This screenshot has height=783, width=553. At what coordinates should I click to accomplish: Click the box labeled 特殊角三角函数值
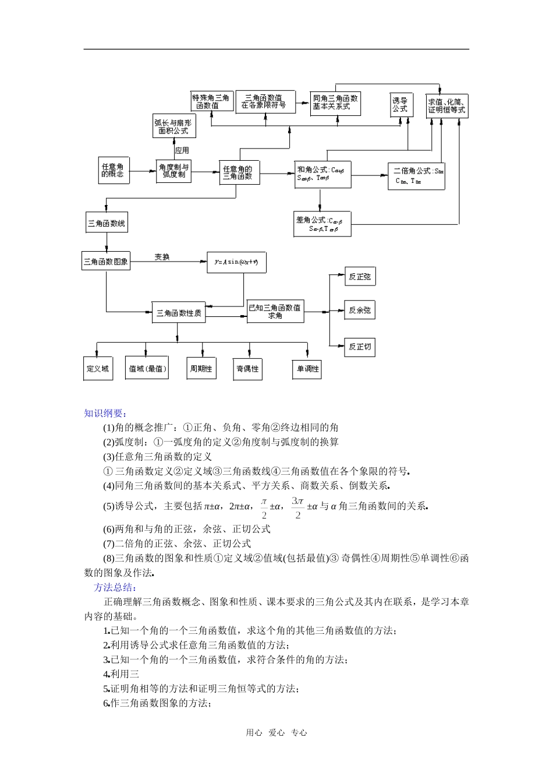point(211,102)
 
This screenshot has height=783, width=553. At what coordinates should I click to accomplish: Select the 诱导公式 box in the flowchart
point(400,105)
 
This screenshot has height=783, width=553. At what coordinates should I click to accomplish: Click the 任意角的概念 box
point(114,171)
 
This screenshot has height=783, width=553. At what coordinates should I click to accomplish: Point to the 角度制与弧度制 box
point(173,171)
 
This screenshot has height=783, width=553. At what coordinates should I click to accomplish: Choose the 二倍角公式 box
point(416,175)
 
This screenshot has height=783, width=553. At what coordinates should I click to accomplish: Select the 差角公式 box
point(322,224)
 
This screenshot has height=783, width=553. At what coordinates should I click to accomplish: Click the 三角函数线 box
point(107,223)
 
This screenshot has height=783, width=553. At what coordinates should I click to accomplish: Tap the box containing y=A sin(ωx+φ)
point(236,262)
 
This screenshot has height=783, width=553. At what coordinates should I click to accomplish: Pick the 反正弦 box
point(359,277)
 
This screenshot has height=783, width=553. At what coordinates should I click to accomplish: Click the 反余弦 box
point(359,311)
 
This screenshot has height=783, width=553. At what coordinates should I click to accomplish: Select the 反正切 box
point(359,347)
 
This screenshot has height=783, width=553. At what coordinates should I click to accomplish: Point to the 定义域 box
point(98,369)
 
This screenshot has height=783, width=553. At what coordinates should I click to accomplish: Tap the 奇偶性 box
point(247,369)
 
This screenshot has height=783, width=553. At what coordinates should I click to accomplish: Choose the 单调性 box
point(307,369)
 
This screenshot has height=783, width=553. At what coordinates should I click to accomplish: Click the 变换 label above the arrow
point(162,257)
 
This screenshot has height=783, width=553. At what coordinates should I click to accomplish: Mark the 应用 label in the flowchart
point(182,150)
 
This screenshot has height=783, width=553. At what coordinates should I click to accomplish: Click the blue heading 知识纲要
point(105,413)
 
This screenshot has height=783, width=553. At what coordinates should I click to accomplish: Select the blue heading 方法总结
point(115,587)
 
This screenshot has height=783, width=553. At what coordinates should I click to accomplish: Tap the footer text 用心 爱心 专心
point(276,733)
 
